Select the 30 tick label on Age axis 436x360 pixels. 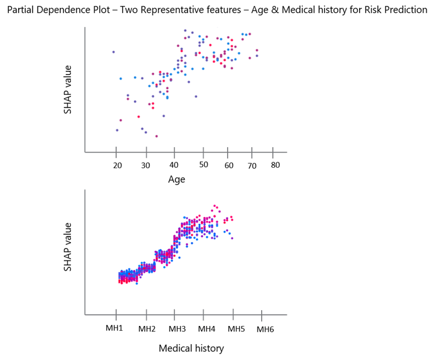click(146, 167)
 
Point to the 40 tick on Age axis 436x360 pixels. click(175, 166)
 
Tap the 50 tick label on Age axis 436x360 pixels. click(204, 166)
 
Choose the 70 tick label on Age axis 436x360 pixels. click(252, 167)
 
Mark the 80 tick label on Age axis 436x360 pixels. click(276, 165)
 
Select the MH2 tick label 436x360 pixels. click(147, 329)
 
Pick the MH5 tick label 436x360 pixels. click(236, 328)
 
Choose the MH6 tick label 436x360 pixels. click(265, 329)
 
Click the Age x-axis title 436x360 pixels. click(177, 180)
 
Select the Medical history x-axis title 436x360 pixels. click(191, 348)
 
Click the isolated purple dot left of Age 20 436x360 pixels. click(113, 52)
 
